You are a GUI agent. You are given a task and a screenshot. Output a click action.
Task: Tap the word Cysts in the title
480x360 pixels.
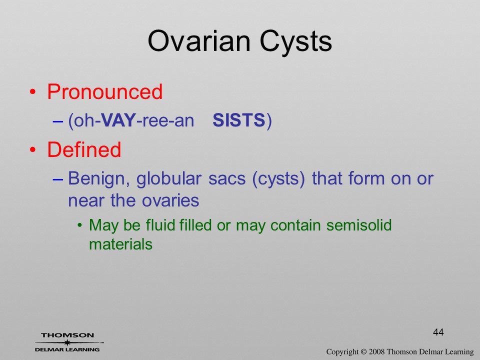click(296, 42)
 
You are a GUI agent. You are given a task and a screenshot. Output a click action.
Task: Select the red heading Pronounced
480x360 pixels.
click(104, 91)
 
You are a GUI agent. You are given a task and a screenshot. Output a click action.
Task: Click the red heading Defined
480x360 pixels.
click(84, 149)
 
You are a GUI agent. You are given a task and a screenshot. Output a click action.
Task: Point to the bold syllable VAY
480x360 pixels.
click(118, 120)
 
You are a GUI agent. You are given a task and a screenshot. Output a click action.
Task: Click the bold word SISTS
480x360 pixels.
click(239, 120)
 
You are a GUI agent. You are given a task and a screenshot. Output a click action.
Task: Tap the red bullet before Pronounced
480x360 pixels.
click(33, 92)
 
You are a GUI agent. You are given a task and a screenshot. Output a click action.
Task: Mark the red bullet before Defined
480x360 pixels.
click(33, 149)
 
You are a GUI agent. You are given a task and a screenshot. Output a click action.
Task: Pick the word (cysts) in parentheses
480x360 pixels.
click(278, 179)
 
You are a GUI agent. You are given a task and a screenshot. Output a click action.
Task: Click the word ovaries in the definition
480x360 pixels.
click(170, 201)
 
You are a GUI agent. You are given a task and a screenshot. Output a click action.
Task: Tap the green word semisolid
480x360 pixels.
click(359, 225)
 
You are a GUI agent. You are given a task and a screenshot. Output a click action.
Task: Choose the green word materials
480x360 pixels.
click(120, 244)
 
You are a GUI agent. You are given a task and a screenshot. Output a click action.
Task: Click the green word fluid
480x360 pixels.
click(160, 225)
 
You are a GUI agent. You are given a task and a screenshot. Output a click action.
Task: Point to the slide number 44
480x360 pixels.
click(438, 332)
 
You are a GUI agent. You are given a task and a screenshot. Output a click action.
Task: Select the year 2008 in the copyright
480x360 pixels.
click(376, 351)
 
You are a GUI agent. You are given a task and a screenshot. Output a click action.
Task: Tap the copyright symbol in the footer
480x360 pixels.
click(363, 351)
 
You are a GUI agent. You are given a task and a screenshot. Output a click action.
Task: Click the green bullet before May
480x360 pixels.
click(80, 225)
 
